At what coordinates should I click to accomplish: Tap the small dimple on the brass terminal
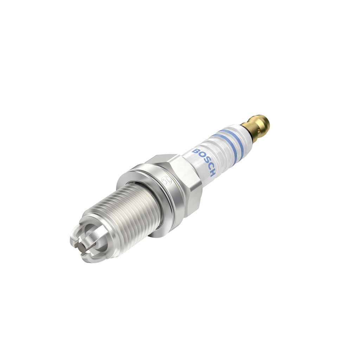(x=258, y=131)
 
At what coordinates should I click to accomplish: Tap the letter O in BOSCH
(x=201, y=155)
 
